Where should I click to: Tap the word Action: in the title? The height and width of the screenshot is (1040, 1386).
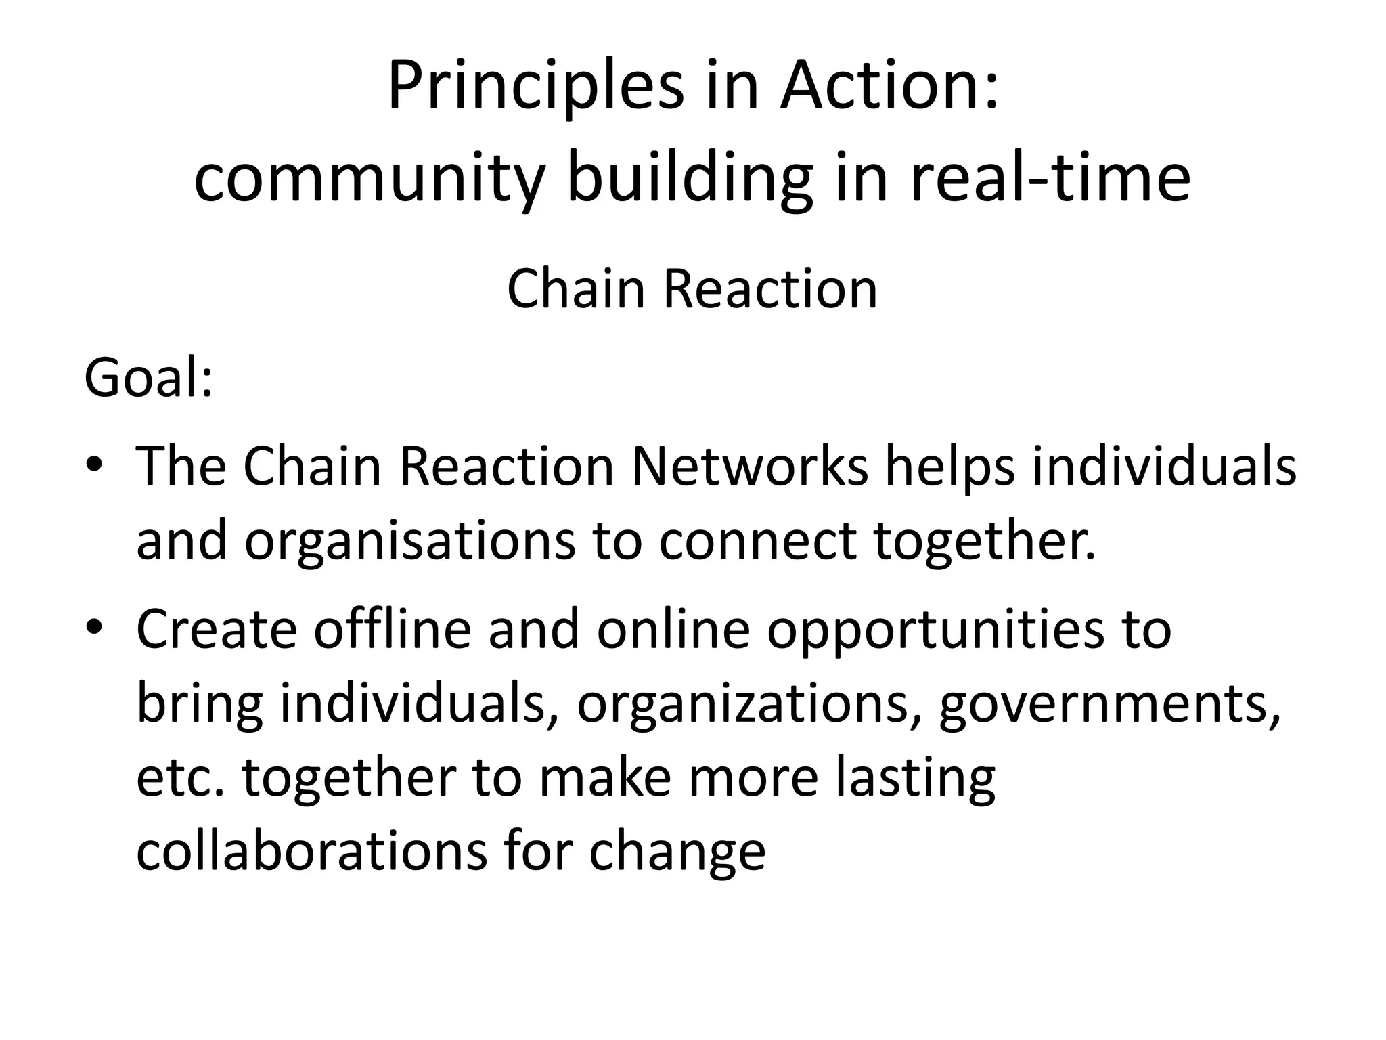[889, 86]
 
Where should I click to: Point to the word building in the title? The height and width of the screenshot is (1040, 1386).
[690, 178]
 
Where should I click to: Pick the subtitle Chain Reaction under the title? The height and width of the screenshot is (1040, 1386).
[692, 289]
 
